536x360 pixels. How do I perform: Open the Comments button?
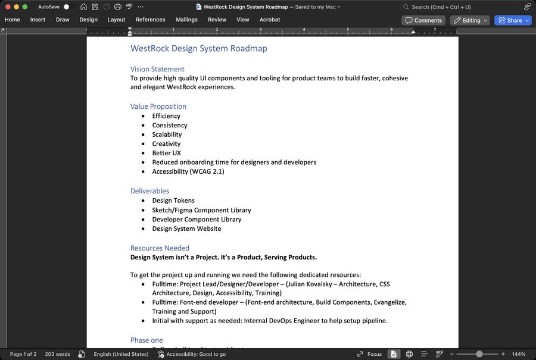click(423, 20)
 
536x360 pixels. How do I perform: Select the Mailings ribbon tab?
click(186, 20)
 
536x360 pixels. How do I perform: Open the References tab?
click(150, 20)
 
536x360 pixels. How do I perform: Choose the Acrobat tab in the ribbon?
click(270, 20)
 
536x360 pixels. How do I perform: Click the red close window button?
click(8, 7)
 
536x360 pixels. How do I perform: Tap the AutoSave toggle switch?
click(66, 7)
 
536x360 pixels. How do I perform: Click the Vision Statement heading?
click(157, 69)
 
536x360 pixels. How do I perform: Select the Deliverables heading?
click(149, 191)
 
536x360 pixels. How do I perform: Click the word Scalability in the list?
click(167, 134)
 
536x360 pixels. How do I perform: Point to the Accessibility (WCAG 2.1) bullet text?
click(188, 171)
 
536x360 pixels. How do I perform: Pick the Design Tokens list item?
click(173, 201)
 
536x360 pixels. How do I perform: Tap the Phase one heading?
click(147, 340)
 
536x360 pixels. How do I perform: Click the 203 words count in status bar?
click(57, 354)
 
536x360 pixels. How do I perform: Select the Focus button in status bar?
click(369, 354)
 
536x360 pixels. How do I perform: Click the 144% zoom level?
click(518, 354)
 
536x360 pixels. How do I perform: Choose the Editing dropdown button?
click(470, 20)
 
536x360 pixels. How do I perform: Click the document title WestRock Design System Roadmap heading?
click(199, 49)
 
